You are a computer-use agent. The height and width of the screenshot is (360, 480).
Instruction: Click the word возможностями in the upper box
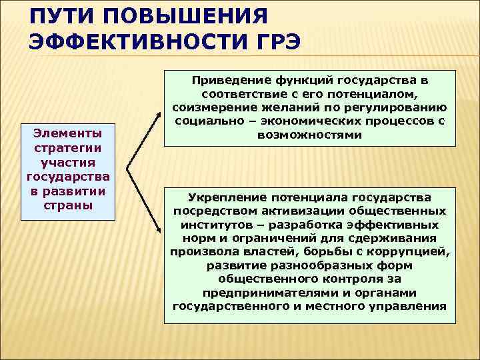click(x=309, y=135)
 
